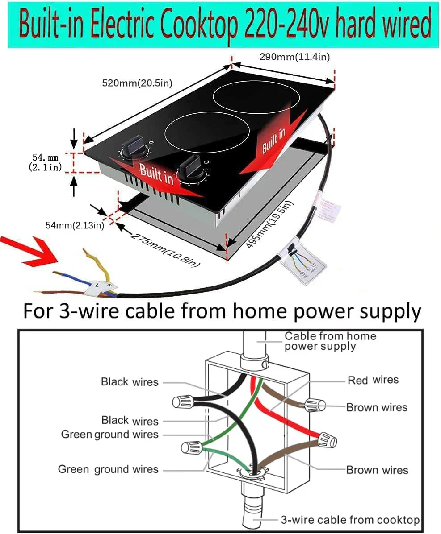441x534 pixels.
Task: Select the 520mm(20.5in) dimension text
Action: coord(137,83)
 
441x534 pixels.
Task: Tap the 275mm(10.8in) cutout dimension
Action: coord(164,249)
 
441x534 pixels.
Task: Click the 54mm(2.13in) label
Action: coord(75,225)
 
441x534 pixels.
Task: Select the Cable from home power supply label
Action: coord(330,341)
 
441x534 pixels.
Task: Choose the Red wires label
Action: coord(373,380)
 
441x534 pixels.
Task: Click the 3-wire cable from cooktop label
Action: coord(350,520)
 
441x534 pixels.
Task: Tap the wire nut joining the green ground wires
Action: coord(191,447)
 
